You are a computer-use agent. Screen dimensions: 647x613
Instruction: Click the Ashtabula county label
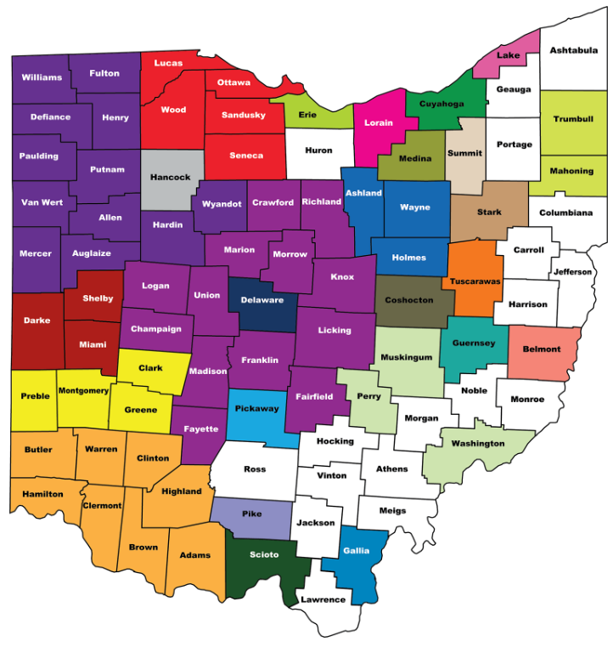[573, 50]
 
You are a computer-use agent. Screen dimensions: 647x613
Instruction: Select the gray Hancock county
[171, 179]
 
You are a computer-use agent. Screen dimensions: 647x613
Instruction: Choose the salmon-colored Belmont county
[542, 349]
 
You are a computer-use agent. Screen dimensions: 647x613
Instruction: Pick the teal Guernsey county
[473, 343]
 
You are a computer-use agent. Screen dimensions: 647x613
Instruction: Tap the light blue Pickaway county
[256, 409]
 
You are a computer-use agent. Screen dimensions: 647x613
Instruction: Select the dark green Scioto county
[262, 555]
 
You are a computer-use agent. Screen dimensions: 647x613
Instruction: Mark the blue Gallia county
[357, 551]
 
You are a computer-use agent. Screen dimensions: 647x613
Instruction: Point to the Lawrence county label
[323, 599]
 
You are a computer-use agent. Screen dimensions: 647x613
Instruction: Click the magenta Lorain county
[379, 122]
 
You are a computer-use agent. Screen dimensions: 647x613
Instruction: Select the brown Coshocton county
[408, 300]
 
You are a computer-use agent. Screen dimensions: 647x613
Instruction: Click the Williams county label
[42, 77]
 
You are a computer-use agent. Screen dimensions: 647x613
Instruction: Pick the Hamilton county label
[42, 494]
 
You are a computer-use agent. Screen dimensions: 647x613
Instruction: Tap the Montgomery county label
[83, 390]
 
